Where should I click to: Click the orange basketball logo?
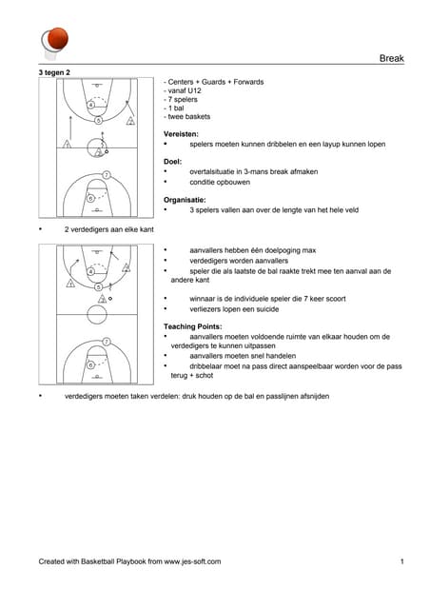pyautogui.click(x=58, y=38)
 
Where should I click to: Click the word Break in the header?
pyautogui.click(x=392, y=58)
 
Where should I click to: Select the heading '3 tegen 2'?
pyautogui.click(x=54, y=72)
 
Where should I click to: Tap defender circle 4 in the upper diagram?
pyautogui.click(x=90, y=105)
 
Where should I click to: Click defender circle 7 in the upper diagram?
pyautogui.click(x=107, y=175)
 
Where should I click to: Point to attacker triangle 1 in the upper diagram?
pyautogui.click(x=68, y=144)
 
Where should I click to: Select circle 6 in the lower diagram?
pyautogui.click(x=90, y=365)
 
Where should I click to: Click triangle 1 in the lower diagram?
pyautogui.click(x=70, y=284)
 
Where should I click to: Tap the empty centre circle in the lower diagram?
pyautogui.click(x=97, y=314)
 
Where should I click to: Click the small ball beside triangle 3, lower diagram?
pyautogui.click(x=110, y=299)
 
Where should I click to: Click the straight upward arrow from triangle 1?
pyautogui.click(x=70, y=127)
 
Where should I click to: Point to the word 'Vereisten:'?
pyautogui.click(x=181, y=134)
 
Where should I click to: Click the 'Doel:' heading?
pyautogui.click(x=173, y=162)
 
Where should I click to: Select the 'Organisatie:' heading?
pyautogui.click(x=185, y=200)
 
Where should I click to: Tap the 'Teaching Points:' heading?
pyautogui.click(x=193, y=326)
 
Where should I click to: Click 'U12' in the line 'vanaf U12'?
pyautogui.click(x=194, y=91)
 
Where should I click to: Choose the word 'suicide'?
pyautogui.click(x=267, y=309)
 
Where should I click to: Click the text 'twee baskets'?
pyautogui.click(x=189, y=116)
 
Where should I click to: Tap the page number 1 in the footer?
pyautogui.click(x=402, y=561)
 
